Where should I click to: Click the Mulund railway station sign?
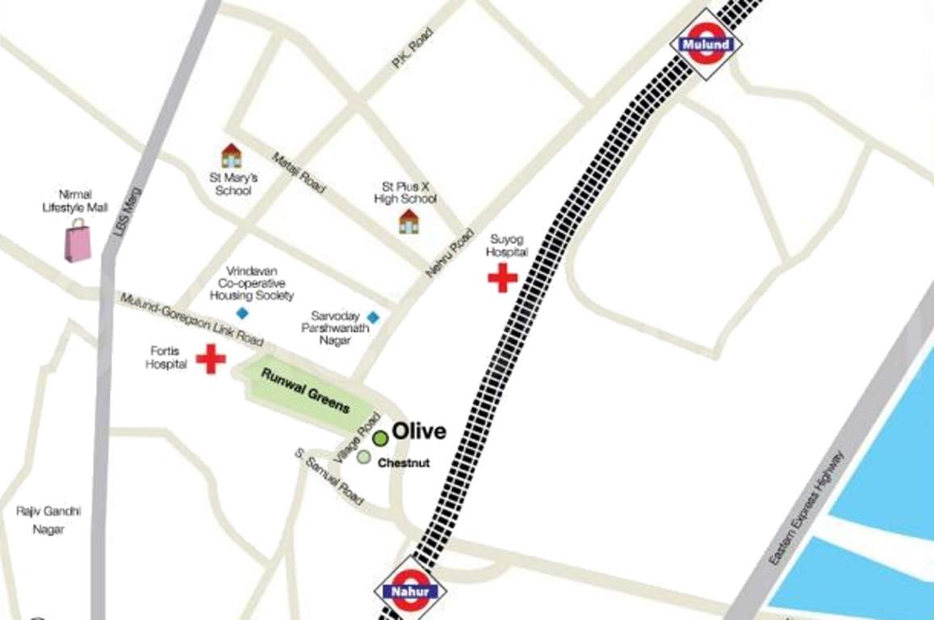coord(706,44)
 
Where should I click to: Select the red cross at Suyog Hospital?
coord(502,279)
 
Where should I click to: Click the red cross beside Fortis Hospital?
coord(211,358)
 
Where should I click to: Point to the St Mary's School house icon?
coord(232,156)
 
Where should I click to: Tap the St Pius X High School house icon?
coord(409,220)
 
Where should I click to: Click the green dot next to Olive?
coord(379,438)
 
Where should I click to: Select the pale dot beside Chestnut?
coord(364,457)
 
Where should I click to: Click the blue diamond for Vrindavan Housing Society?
coord(241,312)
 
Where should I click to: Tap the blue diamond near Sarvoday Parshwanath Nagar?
coord(372,317)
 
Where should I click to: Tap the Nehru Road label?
coord(450,253)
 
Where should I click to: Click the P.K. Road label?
coord(412,48)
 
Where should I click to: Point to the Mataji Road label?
coord(298,172)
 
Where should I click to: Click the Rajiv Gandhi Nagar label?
coord(48,520)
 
